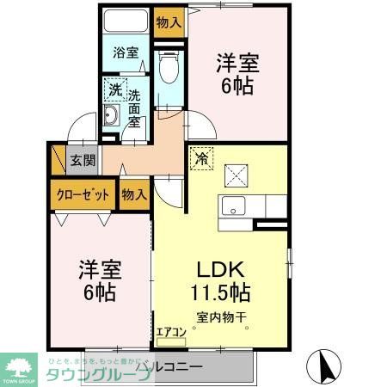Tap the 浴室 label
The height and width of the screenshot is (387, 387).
click(x=126, y=52)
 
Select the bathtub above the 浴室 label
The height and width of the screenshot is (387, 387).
click(x=126, y=22)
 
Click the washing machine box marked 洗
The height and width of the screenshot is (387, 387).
click(x=115, y=89)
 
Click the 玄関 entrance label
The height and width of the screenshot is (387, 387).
click(x=83, y=160)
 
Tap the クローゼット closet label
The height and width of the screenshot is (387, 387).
click(x=83, y=193)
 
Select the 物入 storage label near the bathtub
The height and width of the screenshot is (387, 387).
click(x=169, y=21)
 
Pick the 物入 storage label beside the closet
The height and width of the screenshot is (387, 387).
click(x=133, y=194)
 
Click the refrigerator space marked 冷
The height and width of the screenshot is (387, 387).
click(x=201, y=159)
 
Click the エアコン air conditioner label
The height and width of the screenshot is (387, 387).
click(x=170, y=331)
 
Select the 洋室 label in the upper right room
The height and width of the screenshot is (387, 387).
click(x=237, y=63)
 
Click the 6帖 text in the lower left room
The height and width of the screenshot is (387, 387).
click(x=97, y=291)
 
